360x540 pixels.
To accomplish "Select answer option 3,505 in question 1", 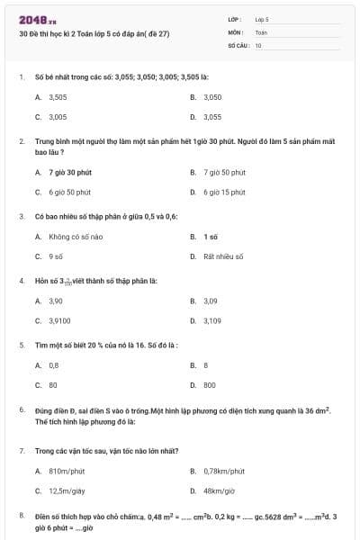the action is pyautogui.click(x=58, y=96).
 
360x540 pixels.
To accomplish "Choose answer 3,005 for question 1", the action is pyautogui.click(x=58, y=117).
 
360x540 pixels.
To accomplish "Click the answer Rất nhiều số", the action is pyautogui.click(x=223, y=256).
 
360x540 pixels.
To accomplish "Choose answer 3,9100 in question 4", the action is pyautogui.click(x=60, y=320).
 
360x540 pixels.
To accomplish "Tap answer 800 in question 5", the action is pyautogui.click(x=209, y=384).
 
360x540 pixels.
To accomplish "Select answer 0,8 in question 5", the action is pyautogui.click(x=54, y=364).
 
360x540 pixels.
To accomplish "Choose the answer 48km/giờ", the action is pyautogui.click(x=217, y=490).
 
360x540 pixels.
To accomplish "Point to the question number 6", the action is pyautogui.click(x=21, y=409).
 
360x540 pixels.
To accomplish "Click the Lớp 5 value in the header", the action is pyautogui.click(x=262, y=19).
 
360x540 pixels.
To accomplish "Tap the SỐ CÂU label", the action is pyautogui.click(x=238, y=44).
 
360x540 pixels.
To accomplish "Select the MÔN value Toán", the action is pyautogui.click(x=261, y=31).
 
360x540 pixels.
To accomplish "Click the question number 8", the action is pyautogui.click(x=21, y=515).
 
